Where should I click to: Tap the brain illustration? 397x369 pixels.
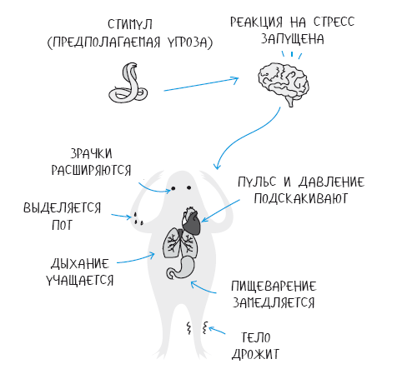pos(283,83)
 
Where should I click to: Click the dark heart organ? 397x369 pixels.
pos(191,221)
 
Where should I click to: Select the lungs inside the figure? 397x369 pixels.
pos(181,243)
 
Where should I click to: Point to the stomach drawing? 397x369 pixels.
pos(182,268)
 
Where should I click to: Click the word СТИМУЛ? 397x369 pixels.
pos(130,24)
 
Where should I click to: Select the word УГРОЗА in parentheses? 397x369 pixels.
pos(189,42)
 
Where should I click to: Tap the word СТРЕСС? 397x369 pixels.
pos(334,22)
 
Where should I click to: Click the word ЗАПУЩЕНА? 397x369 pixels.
pos(293,39)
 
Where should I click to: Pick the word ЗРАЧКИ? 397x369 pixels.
pos(92,153)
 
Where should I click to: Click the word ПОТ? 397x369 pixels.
pos(63,225)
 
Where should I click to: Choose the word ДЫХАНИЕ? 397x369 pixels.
pos(80,263)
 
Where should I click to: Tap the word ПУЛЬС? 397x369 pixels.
pos(257,182)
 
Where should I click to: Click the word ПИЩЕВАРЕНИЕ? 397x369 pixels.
pos(274,286)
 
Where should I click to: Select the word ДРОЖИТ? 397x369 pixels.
pos(256,354)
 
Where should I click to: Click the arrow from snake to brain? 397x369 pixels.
pos(201,84)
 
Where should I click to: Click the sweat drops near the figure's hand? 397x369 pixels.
pos(138,218)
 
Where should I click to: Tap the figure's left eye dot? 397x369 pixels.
pos(173,188)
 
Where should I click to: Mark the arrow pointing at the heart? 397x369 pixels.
pos(220,211)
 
